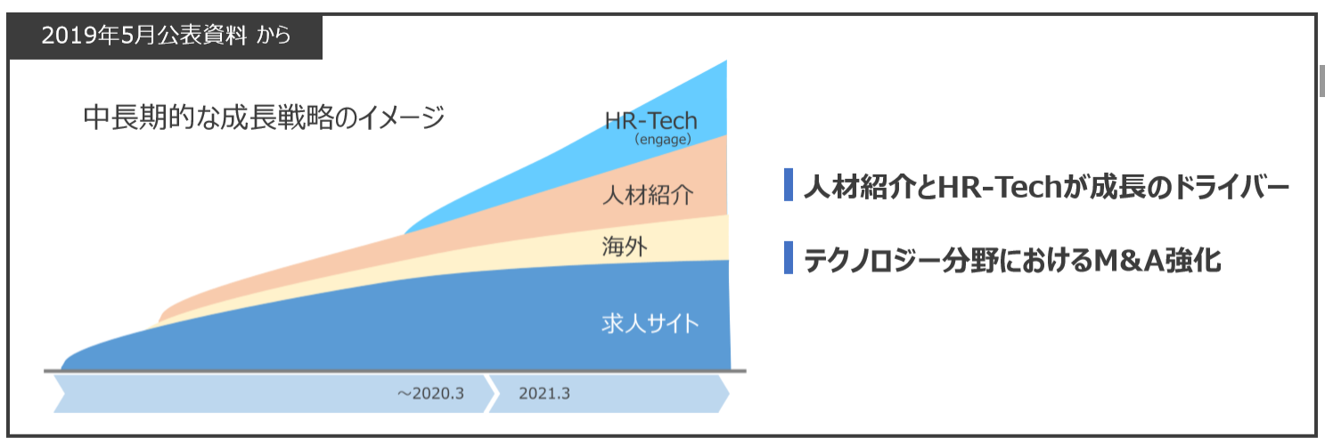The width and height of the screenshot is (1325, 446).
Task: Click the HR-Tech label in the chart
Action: tap(650, 120)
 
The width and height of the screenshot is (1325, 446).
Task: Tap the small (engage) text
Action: tap(663, 140)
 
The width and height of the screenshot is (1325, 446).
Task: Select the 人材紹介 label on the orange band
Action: tap(648, 195)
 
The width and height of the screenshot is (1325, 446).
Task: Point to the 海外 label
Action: tap(625, 246)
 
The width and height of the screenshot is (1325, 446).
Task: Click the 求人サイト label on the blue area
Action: tap(650, 324)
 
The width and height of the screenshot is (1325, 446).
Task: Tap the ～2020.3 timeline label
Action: tap(430, 393)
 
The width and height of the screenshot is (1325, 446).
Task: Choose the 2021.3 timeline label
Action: tap(544, 393)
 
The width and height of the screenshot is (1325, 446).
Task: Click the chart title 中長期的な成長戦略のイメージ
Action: tap(264, 117)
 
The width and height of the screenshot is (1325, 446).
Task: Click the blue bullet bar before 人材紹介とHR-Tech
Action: tap(789, 185)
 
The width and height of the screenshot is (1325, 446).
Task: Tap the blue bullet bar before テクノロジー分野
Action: tap(789, 257)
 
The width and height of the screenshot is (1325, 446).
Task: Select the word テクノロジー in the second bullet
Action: tap(872, 261)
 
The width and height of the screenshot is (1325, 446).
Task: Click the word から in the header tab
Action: tap(274, 36)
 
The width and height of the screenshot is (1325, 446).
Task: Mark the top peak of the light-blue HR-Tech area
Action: tap(726, 61)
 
